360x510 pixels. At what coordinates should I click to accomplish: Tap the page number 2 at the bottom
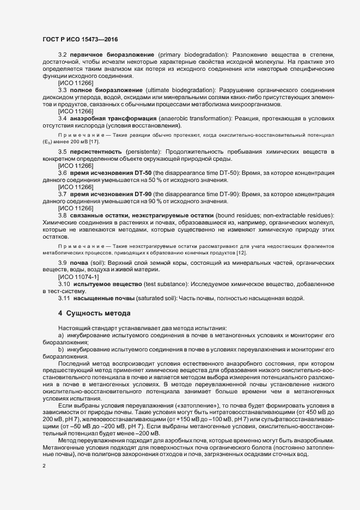tap(44, 466)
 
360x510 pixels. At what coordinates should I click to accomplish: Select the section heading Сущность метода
tap(96, 313)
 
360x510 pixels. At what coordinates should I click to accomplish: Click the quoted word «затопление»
tap(201, 406)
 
